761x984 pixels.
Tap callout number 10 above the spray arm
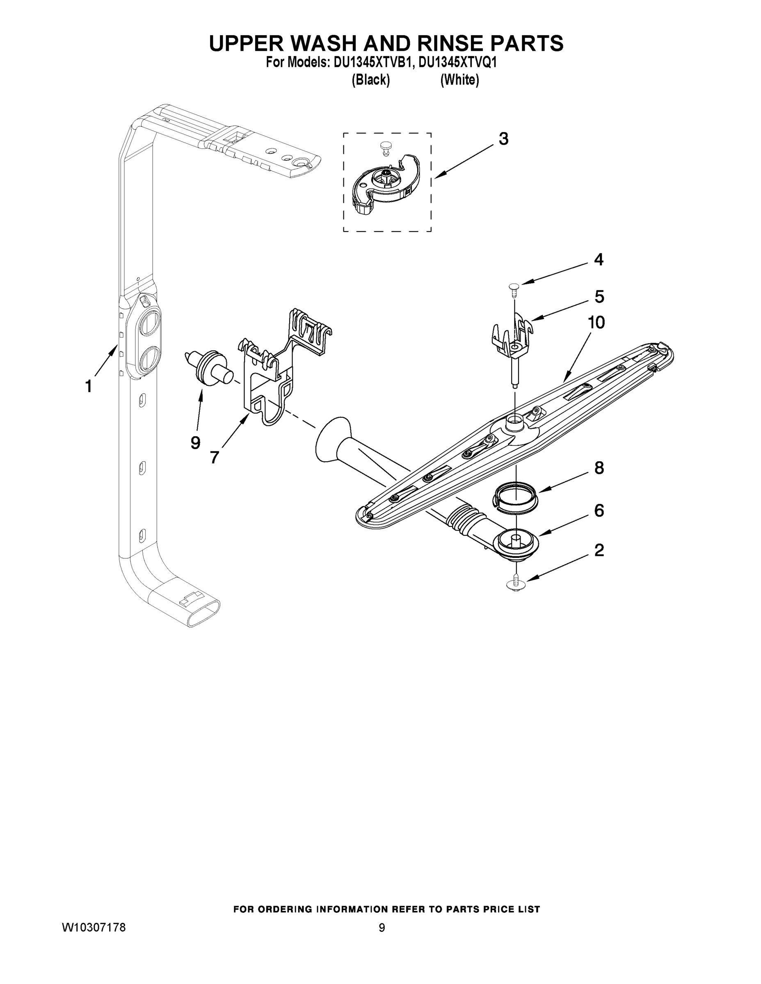596,323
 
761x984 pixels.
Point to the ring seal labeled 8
514,496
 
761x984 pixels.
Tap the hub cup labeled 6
515,544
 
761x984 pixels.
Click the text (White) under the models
459,80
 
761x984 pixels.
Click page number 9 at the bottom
382,937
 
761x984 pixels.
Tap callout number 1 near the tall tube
89,386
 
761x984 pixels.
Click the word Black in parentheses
370,80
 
